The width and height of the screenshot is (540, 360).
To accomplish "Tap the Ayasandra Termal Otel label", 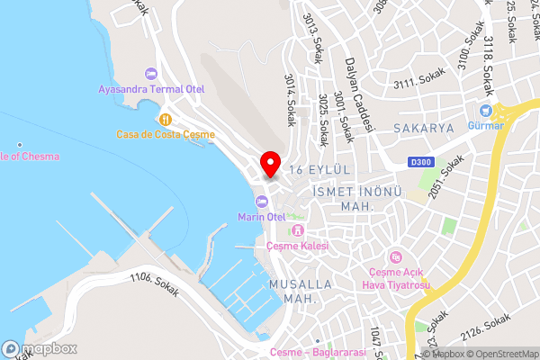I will click(x=152, y=89).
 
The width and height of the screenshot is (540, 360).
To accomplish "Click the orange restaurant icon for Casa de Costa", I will click(x=165, y=118).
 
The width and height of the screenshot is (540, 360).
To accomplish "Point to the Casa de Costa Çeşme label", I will click(x=166, y=134).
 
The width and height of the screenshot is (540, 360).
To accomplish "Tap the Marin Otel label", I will click(x=262, y=216).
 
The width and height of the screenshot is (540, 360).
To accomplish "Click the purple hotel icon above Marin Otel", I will click(x=261, y=200).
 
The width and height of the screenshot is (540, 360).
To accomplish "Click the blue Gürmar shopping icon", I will click(x=485, y=111).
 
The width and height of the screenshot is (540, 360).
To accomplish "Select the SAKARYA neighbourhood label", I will click(x=423, y=129).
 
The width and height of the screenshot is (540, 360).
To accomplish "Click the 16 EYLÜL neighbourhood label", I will click(x=319, y=169).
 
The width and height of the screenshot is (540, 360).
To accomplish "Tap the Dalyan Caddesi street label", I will click(x=358, y=94).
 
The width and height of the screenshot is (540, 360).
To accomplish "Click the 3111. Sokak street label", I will click(x=415, y=84).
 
